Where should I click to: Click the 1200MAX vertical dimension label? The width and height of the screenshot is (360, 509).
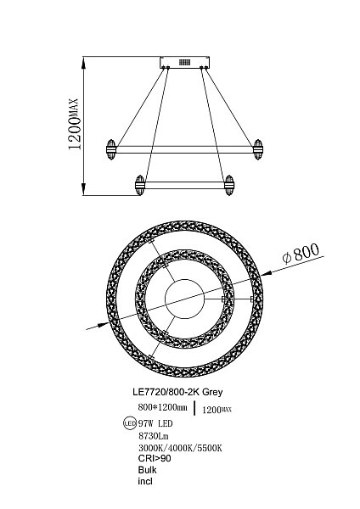73,124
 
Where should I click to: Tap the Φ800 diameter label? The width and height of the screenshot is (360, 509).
301,254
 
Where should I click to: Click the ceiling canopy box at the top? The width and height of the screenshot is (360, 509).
184,62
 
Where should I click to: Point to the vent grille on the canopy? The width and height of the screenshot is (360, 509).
184,62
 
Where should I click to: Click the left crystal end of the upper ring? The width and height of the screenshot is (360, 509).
111,149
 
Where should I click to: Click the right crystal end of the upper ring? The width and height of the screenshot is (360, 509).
258,149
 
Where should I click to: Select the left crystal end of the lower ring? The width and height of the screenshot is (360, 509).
140,185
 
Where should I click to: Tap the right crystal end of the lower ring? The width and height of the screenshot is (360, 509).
229,185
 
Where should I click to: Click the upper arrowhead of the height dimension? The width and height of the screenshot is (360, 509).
84,63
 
